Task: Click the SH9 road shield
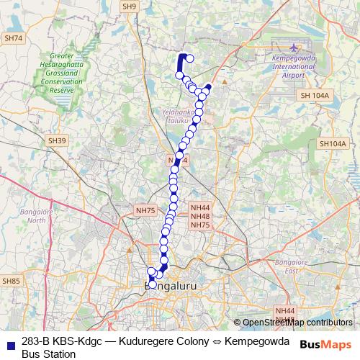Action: (x=129, y=6)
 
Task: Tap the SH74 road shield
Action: (x=14, y=38)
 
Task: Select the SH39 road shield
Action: (x=57, y=140)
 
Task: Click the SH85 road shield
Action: (x=12, y=280)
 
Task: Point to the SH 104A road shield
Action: (x=315, y=95)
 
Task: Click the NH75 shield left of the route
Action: (x=145, y=210)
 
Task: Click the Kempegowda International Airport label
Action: (x=294, y=66)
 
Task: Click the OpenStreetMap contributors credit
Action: (x=297, y=323)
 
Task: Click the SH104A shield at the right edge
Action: (x=332, y=144)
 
